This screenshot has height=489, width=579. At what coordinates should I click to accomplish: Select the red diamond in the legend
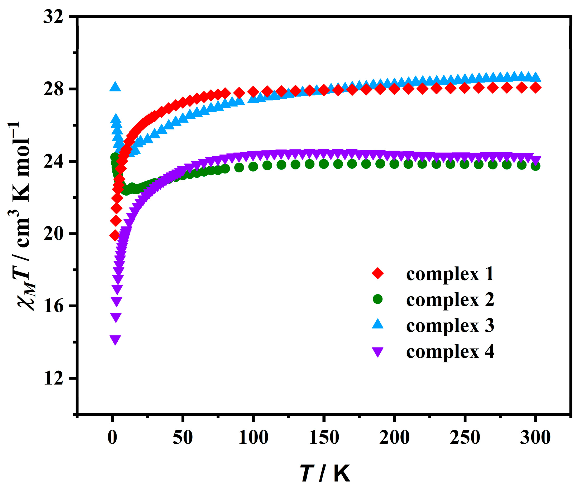pos(377,273)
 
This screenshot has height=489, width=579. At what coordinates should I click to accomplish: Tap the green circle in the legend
pos(377,299)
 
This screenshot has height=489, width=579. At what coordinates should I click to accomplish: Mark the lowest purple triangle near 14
pos(115,339)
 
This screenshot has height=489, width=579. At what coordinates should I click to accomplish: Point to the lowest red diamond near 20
pos(114,236)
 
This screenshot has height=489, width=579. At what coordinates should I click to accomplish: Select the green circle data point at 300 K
pos(535,166)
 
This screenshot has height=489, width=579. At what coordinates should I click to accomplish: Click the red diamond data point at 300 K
pos(536,88)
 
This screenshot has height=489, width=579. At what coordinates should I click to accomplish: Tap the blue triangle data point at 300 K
pos(536,77)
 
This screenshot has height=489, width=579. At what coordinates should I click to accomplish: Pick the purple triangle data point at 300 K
pos(536,160)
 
